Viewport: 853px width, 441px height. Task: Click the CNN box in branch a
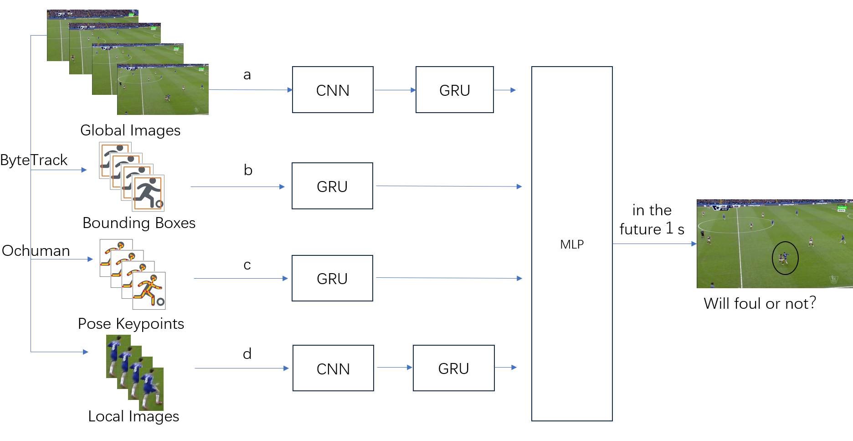point(333,90)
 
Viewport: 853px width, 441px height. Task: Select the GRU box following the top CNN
point(455,90)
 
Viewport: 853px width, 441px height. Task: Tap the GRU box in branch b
point(332,186)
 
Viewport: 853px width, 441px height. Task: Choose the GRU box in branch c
point(332,278)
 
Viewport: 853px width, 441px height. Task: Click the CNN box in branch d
point(333,368)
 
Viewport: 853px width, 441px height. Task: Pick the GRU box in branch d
point(454,368)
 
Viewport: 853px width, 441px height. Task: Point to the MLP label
point(572,244)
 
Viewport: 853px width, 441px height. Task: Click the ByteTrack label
point(34,160)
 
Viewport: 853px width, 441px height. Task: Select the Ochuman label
point(36,251)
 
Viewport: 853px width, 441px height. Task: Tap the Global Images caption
point(130,130)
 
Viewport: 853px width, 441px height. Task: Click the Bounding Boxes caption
point(139,223)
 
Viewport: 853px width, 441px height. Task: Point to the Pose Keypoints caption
point(131,324)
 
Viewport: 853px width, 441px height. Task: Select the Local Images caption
point(134,416)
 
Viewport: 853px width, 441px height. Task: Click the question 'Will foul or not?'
point(760,303)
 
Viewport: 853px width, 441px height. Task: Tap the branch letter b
point(248,170)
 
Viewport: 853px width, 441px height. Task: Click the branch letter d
point(247,353)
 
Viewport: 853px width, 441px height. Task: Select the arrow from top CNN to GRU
point(395,90)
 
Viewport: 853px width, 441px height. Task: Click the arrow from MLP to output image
point(655,244)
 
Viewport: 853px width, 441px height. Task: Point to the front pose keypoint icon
point(149,291)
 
